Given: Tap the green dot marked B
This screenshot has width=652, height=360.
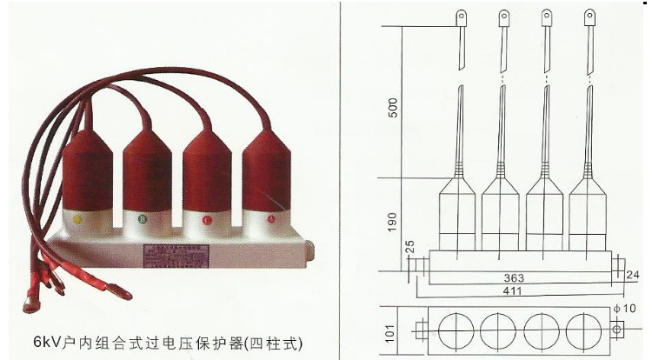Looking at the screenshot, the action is [x=141, y=218].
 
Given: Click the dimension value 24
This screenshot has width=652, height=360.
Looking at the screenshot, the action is [x=633, y=275].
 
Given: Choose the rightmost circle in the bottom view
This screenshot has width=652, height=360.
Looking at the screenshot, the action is [x=583, y=330].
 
